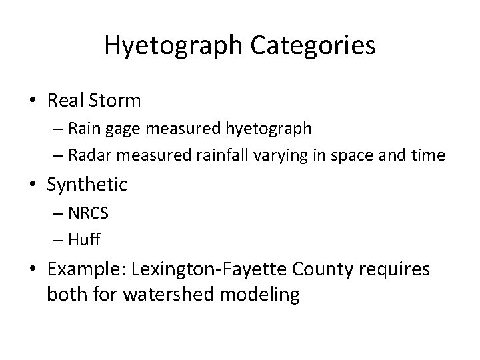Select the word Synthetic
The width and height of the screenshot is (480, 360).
pyautogui.click(x=87, y=184)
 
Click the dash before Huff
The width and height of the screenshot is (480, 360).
pyautogui.click(x=56, y=239)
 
